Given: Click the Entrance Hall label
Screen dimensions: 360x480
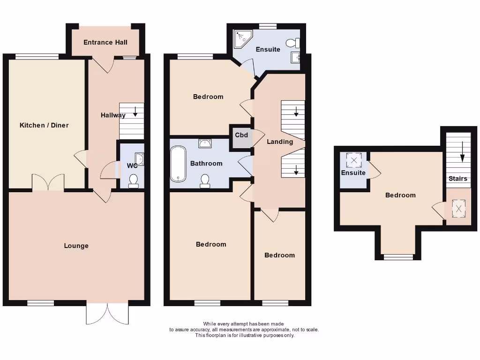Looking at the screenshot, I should pos(105,42).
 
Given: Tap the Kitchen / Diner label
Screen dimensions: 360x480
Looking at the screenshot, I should pos(44,125).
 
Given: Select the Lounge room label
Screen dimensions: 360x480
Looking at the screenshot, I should pos(76,246).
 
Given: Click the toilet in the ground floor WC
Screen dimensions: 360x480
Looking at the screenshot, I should pos(134,181).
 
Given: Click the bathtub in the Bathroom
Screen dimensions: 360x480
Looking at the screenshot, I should pos(178,164).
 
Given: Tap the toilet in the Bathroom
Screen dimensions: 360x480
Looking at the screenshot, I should pos(205,181).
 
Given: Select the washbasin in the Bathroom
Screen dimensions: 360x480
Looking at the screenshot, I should pos(205,142).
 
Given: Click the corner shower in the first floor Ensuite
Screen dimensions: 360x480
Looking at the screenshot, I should pos(242,39).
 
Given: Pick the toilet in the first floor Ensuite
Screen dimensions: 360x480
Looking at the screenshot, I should pos(293,43).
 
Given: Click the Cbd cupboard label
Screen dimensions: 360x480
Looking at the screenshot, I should pos(241,135).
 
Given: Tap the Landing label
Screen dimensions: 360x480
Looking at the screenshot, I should pos(280,142).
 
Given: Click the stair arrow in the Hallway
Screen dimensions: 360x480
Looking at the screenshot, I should pos(135,112).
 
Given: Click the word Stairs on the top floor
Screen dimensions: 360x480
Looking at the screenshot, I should pos(458,179).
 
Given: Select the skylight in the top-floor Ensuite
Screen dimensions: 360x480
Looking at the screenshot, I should pos(353,161).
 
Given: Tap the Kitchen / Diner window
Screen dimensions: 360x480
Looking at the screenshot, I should pos(37,57).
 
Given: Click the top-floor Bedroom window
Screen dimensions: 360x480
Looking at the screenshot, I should pos(398,256).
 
